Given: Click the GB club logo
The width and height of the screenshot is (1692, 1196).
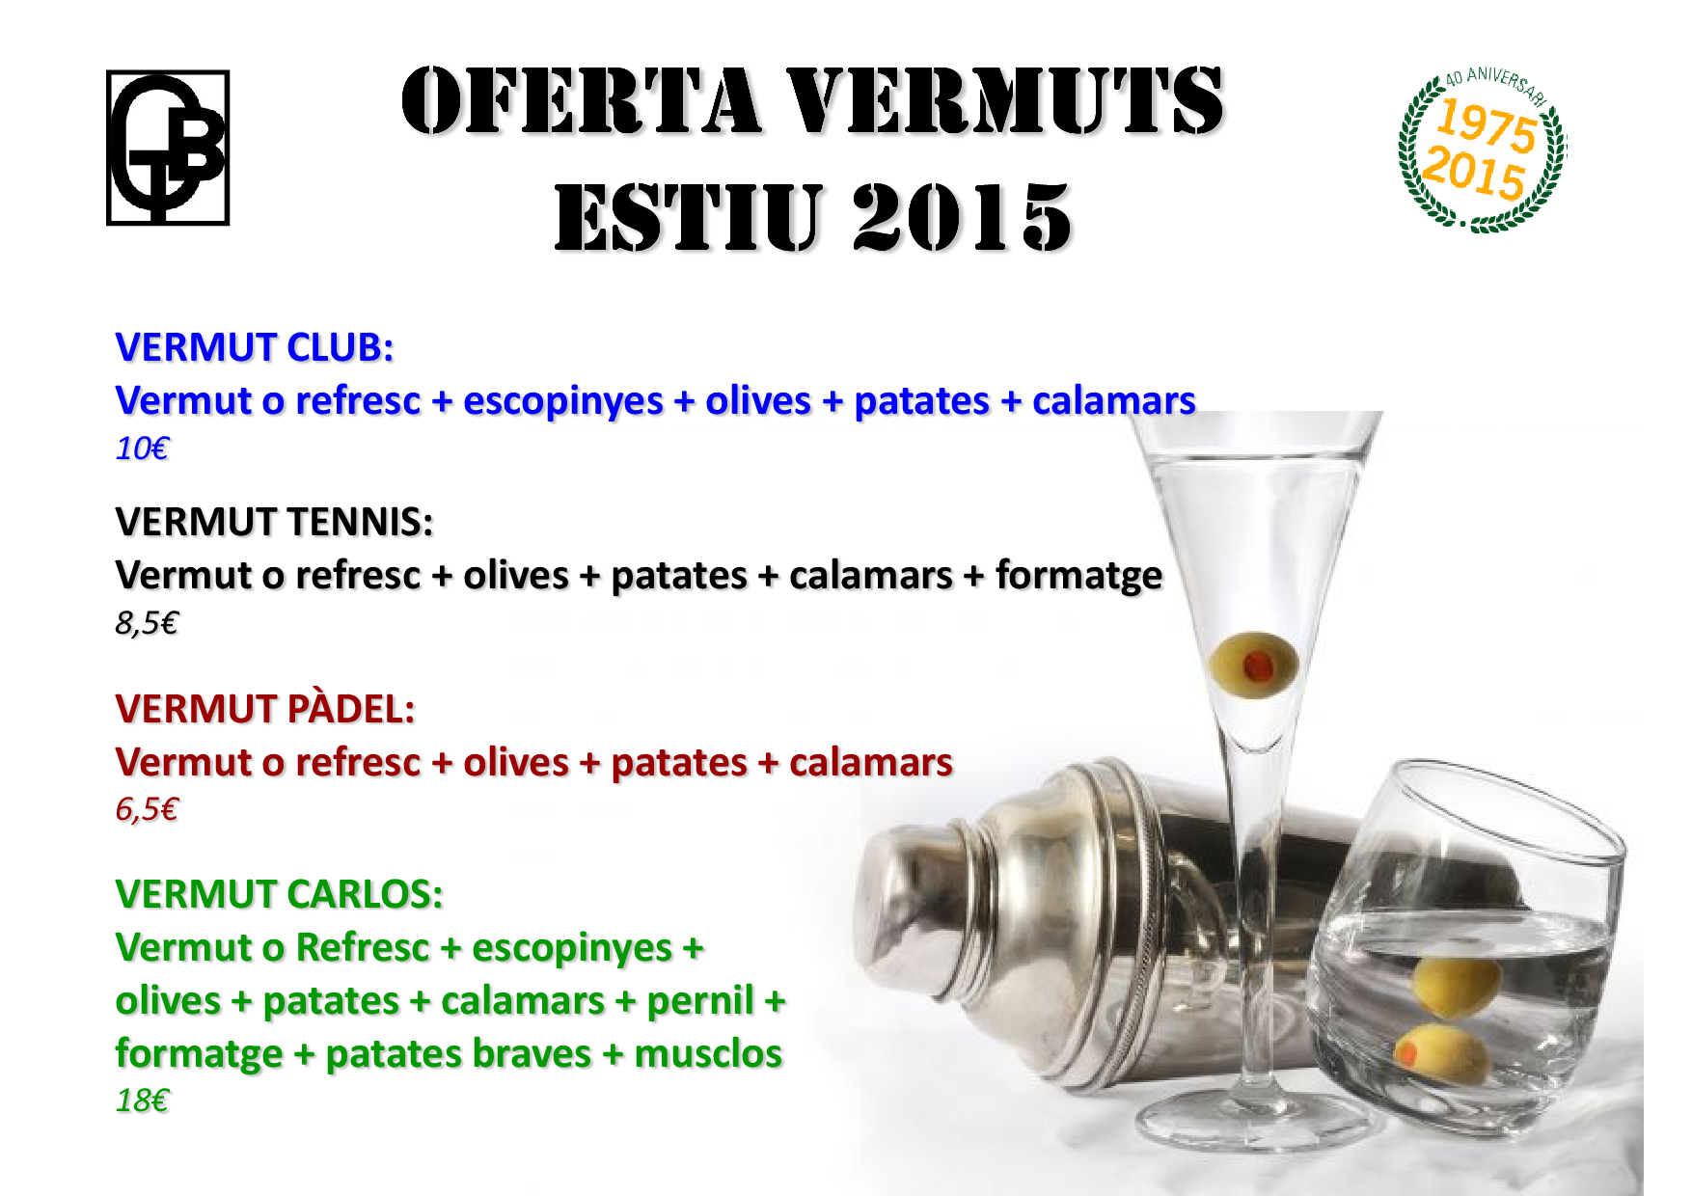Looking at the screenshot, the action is (x=168, y=148).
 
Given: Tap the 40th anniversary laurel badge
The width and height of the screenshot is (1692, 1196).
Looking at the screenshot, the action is (x=1483, y=149).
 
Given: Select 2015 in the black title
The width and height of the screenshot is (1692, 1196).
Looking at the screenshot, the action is (x=961, y=217).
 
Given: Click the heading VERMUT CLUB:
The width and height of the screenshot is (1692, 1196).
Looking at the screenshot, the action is (x=255, y=347).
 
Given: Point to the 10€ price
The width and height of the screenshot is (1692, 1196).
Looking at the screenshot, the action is (x=142, y=448).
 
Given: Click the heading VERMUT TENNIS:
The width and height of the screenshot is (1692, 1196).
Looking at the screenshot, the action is (x=274, y=522).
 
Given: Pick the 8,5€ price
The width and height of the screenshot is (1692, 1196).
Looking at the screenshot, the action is (x=147, y=623).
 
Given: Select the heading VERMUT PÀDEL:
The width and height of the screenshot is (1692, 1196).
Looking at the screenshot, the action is (x=265, y=709).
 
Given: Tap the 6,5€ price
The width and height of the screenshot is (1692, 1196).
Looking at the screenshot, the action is (x=147, y=809).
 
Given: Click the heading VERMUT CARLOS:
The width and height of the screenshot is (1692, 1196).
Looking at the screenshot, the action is (x=279, y=894).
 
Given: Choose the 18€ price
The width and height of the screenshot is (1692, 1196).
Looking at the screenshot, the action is (x=142, y=1101).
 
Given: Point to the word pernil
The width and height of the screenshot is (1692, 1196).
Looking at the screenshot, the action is (x=700, y=1002).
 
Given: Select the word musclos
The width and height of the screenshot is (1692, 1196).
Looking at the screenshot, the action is (x=708, y=1054).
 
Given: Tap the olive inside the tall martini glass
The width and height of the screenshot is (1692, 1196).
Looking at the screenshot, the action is (x=1253, y=665).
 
